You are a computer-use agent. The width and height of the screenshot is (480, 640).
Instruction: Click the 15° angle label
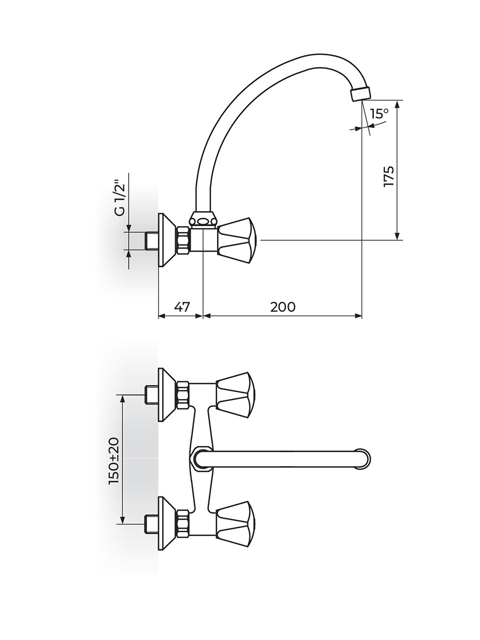pyautogui.click(x=380, y=113)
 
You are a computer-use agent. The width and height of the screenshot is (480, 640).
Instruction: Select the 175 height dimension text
pyautogui.click(x=389, y=177)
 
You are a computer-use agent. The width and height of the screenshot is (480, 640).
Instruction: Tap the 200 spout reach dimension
pyautogui.click(x=283, y=307)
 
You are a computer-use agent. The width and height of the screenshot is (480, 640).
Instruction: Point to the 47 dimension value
pyautogui.click(x=182, y=307)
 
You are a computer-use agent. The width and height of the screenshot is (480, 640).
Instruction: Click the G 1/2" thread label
pyautogui.click(x=121, y=199)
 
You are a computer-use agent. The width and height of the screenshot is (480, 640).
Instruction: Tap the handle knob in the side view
pyautogui.click(x=237, y=241)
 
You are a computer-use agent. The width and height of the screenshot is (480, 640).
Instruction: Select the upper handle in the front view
pyautogui.click(x=236, y=395)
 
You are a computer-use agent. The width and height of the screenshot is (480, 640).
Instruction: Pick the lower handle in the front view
pyautogui.click(x=236, y=526)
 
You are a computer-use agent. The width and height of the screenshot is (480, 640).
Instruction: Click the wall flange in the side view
pyautogui.click(x=166, y=240)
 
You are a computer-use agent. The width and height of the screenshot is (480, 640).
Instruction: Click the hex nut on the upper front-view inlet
pyautogui.click(x=183, y=395)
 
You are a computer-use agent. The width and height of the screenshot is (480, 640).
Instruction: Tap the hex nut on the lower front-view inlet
pyautogui.click(x=183, y=526)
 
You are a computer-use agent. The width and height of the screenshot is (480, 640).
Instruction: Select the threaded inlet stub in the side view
pyautogui.click(x=152, y=241)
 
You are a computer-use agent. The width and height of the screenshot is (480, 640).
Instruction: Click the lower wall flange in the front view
pyautogui.click(x=166, y=526)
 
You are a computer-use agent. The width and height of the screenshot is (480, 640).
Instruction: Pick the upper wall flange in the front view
pyautogui.click(x=166, y=395)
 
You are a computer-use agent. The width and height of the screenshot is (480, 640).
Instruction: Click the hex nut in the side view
pyautogui.click(x=183, y=240)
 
